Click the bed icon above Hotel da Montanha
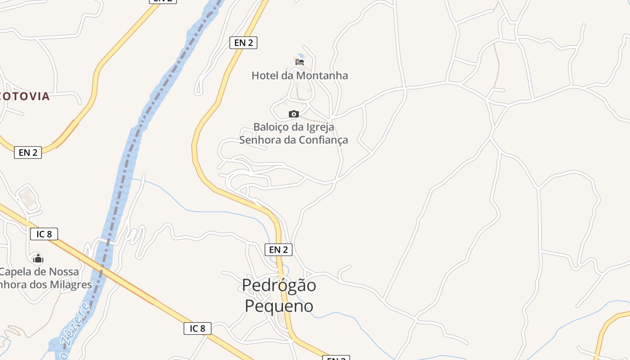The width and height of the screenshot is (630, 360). (300, 62)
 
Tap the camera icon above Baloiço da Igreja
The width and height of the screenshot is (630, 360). (294, 114)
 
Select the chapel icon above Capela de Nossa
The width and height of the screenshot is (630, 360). (38, 259)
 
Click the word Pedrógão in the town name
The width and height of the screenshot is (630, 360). (279, 285)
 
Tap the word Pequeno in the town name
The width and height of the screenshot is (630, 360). (279, 306)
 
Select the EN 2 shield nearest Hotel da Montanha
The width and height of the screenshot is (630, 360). (243, 43)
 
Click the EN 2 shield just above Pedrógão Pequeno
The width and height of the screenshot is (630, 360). (278, 250)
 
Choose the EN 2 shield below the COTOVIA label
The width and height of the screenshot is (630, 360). (28, 153)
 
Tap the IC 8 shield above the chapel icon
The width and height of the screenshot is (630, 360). (44, 234)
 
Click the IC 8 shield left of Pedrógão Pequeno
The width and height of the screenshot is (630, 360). (197, 328)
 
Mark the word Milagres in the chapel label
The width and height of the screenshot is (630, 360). (72, 285)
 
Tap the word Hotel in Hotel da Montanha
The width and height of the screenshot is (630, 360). (265, 76)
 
